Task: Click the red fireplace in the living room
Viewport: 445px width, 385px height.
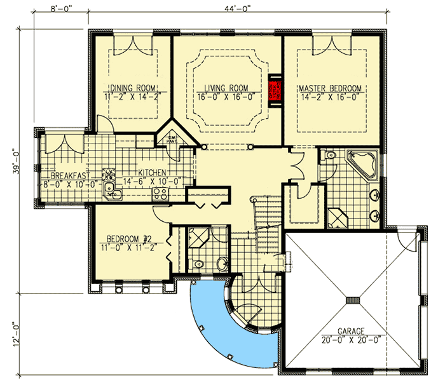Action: click(x=276, y=93)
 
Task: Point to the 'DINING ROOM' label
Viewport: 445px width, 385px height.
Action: click(x=134, y=88)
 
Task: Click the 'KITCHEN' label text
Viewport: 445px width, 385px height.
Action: click(x=153, y=172)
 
